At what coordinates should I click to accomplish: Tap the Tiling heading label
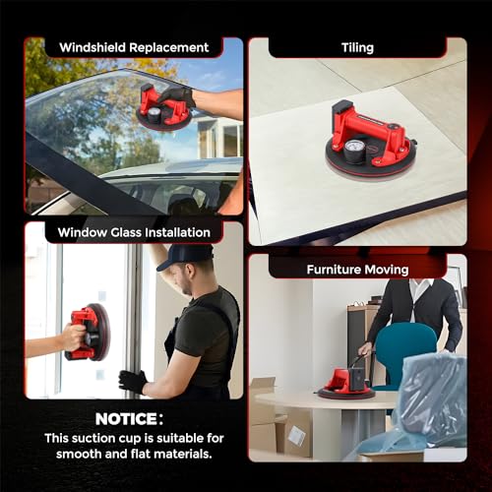point(356,47)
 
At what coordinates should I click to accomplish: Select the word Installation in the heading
point(174,232)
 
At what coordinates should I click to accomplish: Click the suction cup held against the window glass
point(87,332)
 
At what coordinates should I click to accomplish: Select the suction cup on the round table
point(344,382)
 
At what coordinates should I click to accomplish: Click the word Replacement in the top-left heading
point(170,47)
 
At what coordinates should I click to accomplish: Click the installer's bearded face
point(180,277)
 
